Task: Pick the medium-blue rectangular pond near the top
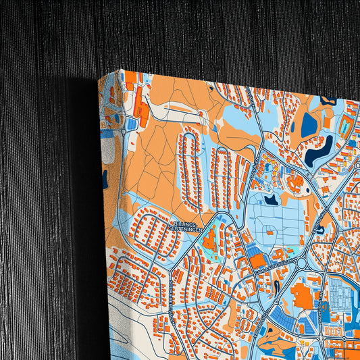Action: point(309,124)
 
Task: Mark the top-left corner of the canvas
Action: point(121,70)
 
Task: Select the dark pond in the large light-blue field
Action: point(272,200)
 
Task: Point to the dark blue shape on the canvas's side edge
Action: point(105,178)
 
